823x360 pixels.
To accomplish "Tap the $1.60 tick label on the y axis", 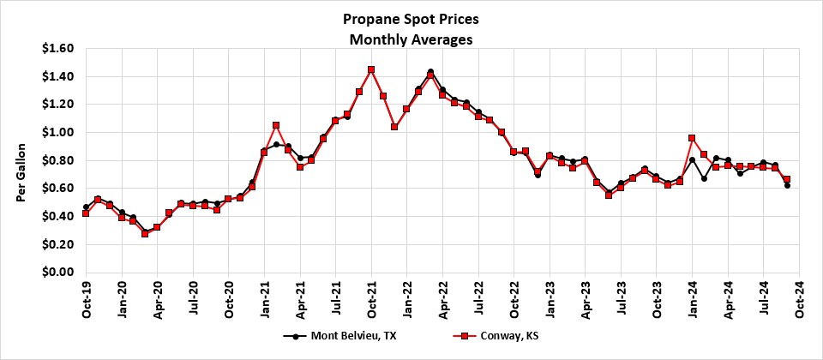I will click(x=57, y=48).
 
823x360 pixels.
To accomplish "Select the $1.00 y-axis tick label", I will click(x=57, y=132).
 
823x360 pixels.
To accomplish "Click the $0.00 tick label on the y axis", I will click(x=57, y=273).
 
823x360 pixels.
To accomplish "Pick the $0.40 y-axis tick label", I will click(x=57, y=216).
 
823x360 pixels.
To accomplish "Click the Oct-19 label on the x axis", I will click(x=87, y=300).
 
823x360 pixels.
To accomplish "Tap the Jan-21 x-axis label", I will click(x=265, y=300).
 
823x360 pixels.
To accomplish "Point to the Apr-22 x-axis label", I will click(x=443, y=300).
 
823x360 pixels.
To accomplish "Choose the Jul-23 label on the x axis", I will click(x=621, y=300).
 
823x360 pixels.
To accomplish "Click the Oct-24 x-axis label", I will click(x=799, y=300).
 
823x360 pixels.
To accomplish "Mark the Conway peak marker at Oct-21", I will click(x=371, y=69).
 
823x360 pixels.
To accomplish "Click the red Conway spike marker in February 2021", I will click(x=276, y=125).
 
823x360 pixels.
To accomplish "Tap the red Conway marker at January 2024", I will click(x=692, y=138).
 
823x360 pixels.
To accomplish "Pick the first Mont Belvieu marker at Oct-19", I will click(x=86, y=207).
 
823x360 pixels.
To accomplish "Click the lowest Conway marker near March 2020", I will click(x=145, y=233).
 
